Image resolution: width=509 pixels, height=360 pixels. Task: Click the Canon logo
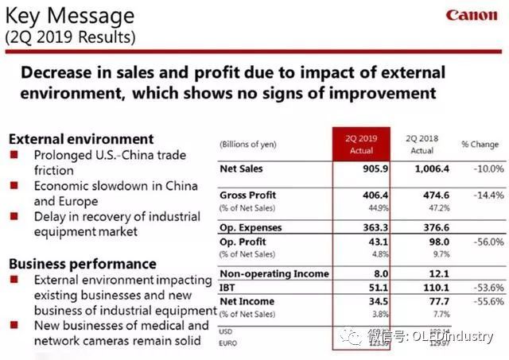coord(472,16)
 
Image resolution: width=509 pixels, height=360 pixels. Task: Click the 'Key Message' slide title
coord(70,16)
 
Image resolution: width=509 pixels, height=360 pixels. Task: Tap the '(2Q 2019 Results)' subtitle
coord(70,37)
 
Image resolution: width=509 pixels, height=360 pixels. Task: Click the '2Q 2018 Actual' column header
coord(422,144)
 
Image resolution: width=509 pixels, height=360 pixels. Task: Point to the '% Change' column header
coord(480,144)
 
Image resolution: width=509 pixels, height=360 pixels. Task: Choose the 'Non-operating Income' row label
coord(274,273)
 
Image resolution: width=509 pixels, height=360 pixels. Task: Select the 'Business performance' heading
coord(82,263)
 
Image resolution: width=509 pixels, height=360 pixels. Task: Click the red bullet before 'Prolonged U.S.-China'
coord(14,155)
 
